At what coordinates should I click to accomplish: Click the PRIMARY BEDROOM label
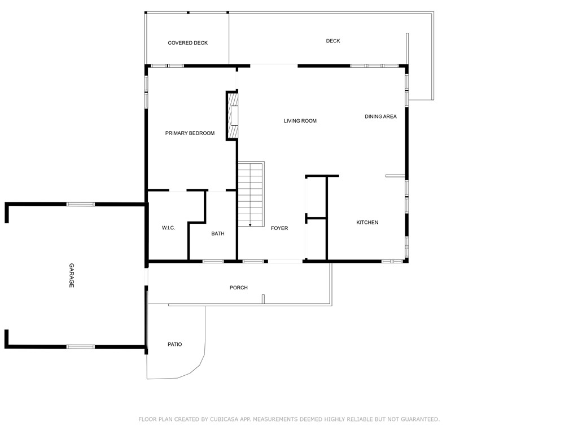pyautogui.click(x=190, y=133)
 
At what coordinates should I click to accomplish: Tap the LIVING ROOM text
pyautogui.click(x=300, y=121)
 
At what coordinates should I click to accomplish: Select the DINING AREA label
pyautogui.click(x=380, y=117)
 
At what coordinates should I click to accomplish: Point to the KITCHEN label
pyautogui.click(x=367, y=223)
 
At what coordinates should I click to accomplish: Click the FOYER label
pyautogui.click(x=279, y=228)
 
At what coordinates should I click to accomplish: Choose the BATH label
pyautogui.click(x=218, y=234)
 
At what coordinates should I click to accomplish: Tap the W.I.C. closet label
pyautogui.click(x=168, y=228)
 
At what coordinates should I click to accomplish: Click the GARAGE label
pyautogui.click(x=72, y=276)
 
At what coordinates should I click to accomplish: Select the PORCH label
pyautogui.click(x=238, y=288)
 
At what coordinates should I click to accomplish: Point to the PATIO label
pyautogui.click(x=174, y=345)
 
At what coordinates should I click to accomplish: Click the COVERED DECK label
pyautogui.click(x=187, y=43)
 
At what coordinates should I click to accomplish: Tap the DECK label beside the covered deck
pyautogui.click(x=333, y=41)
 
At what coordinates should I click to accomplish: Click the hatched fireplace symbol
pyautogui.click(x=231, y=115)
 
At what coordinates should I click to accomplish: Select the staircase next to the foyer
pyautogui.click(x=251, y=194)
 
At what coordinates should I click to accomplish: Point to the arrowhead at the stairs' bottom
pyautogui.click(x=250, y=225)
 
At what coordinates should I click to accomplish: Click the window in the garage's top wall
pyautogui.click(x=80, y=204)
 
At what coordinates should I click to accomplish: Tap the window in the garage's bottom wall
pyautogui.click(x=80, y=346)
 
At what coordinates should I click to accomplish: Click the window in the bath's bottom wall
pyautogui.click(x=212, y=261)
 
